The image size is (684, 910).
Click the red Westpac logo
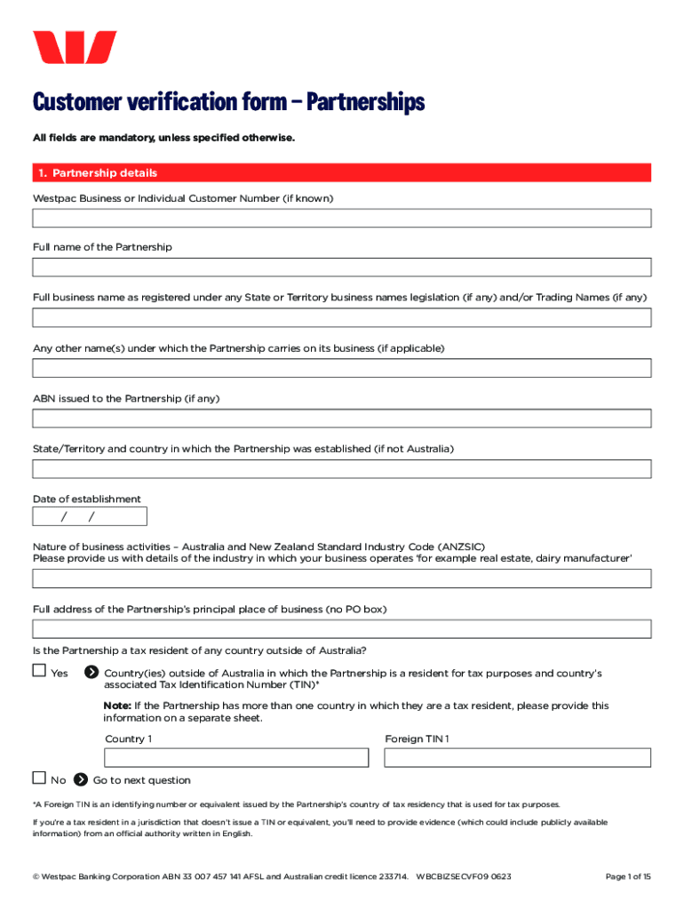pos(75,47)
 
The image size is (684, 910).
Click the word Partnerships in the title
pos(365,102)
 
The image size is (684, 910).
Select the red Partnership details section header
pos(342,172)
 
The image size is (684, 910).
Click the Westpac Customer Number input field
pos(342,218)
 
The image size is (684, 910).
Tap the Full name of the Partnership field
pos(342,267)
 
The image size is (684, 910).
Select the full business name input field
pos(342,318)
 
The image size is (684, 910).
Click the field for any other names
pos(342,368)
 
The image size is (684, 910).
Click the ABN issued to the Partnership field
pos(342,419)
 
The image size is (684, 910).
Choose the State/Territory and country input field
pos(342,469)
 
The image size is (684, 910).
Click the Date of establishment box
pos(90,516)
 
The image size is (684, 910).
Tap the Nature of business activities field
pos(342,579)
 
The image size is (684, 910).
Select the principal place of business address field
pos(342,629)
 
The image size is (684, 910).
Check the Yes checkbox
pos(39,672)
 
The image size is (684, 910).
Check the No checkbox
pos(39,778)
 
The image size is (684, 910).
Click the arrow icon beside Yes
pos(91,673)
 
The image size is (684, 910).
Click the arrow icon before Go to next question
pos(80,779)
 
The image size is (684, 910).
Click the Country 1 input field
pos(236,757)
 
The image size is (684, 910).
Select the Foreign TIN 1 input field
pos(517,757)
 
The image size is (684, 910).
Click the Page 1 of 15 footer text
pos(627,877)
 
